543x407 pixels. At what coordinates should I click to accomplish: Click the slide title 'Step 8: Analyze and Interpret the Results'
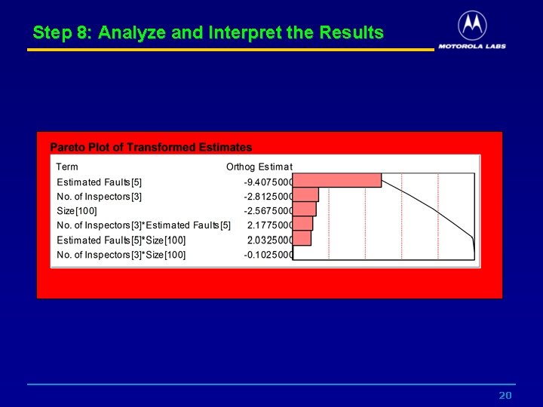pyautogui.click(x=208, y=33)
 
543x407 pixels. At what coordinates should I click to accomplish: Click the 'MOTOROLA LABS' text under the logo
pyautogui.click(x=472, y=46)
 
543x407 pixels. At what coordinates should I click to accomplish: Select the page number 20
pyautogui.click(x=505, y=396)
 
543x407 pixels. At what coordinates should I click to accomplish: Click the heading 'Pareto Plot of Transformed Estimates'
pyautogui.click(x=151, y=147)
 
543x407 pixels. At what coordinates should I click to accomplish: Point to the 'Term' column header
pyautogui.click(x=67, y=167)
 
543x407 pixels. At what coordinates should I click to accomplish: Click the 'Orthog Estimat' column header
pyautogui.click(x=259, y=167)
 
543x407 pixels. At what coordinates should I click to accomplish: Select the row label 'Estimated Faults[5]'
pyautogui.click(x=100, y=182)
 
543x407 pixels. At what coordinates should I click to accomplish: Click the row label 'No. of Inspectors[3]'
pyautogui.click(x=100, y=196)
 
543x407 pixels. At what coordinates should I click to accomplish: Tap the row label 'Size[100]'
pyautogui.click(x=77, y=211)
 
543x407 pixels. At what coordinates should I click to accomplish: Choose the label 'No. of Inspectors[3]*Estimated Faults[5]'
pyautogui.click(x=144, y=225)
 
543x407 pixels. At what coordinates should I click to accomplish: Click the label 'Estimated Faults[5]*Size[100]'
pyautogui.click(x=121, y=240)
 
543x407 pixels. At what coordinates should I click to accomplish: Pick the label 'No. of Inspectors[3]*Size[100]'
pyautogui.click(x=121, y=255)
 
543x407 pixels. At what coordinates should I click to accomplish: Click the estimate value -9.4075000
pyautogui.click(x=268, y=182)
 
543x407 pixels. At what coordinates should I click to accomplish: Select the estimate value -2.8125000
pyautogui.click(x=268, y=196)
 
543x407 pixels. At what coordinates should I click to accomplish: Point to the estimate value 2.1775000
pyautogui.click(x=269, y=225)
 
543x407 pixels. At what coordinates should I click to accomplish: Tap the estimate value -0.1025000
pyautogui.click(x=268, y=255)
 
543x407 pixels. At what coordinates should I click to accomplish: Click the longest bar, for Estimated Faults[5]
pyautogui.click(x=337, y=180)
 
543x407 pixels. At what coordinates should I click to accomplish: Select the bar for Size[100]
pyautogui.click(x=305, y=209)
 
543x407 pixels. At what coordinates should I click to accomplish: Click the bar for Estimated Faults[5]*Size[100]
pyautogui.click(x=302, y=238)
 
